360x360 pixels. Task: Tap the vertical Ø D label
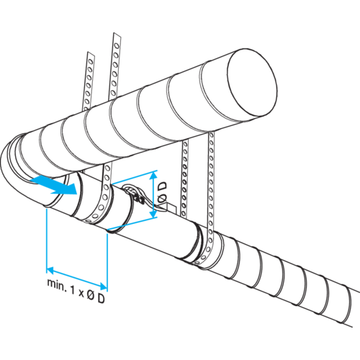pos(163,192)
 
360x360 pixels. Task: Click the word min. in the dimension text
pos(57,284)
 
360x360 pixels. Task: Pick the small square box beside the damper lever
pos(171,208)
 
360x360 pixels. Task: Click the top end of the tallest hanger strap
pos(117,34)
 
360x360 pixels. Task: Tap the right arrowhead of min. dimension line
pos(104,286)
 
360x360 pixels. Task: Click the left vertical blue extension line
pos(46,240)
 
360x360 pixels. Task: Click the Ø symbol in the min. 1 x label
pos(91,295)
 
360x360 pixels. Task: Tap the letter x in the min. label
pos(81,293)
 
